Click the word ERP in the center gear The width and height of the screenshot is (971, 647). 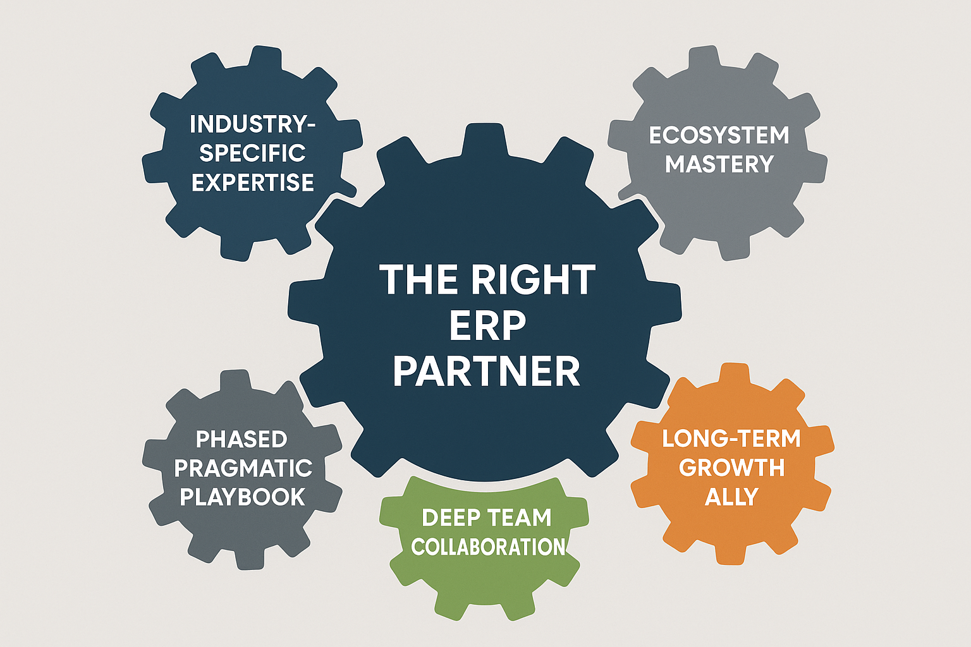click(487, 326)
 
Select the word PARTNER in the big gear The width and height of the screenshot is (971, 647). click(487, 372)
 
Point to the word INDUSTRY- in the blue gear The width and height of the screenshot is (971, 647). click(253, 124)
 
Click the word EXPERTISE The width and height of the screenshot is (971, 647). click(253, 183)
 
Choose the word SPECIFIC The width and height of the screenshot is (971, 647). click(253, 153)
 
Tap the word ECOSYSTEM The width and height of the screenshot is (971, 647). click(719, 135)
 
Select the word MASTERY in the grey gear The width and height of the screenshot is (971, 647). click(719, 164)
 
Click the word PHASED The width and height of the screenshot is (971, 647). click(241, 439)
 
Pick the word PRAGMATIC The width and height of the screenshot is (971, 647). click(243, 468)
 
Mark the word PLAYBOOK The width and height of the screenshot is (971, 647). click(243, 497)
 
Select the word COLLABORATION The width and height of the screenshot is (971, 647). click(488, 547)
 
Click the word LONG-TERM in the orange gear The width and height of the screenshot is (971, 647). click(731, 438)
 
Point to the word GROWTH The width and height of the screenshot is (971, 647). click(731, 468)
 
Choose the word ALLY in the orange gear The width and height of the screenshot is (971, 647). click(731, 497)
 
